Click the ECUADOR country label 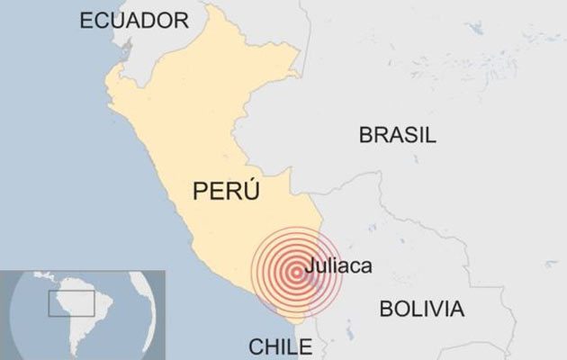tap(134, 21)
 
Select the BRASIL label tap(397, 136)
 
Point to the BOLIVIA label tap(421, 310)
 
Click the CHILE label tap(279, 346)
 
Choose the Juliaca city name tap(338, 266)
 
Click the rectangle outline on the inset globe tap(71, 304)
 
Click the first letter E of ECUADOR tap(86, 21)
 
